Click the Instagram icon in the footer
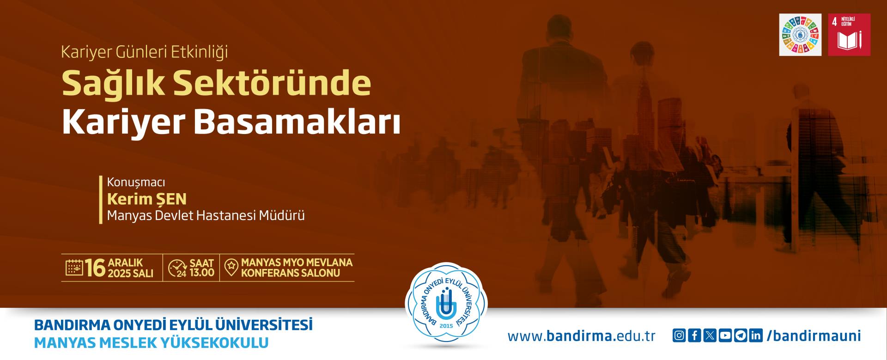(x=679, y=336)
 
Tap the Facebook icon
(x=694, y=336)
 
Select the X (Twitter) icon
(x=710, y=336)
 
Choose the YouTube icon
(x=725, y=336)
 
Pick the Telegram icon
(x=741, y=336)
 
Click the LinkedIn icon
(x=756, y=336)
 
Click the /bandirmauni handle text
(x=814, y=336)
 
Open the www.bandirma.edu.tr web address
(x=582, y=336)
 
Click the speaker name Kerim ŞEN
(x=147, y=199)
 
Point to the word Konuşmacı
(x=136, y=183)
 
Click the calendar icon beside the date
(x=74, y=268)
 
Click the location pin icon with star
(x=231, y=268)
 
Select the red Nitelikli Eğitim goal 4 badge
(x=849, y=35)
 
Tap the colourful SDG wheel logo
(x=800, y=35)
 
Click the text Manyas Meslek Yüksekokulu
(x=152, y=343)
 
